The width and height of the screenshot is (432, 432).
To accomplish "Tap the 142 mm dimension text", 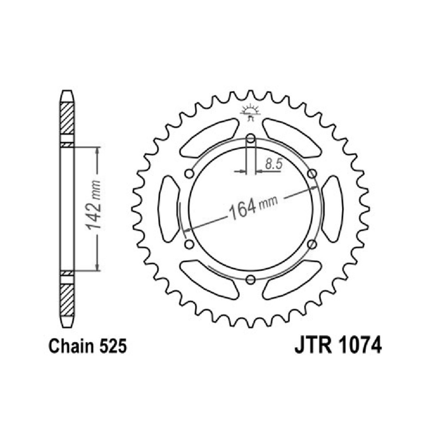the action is click(x=93, y=205).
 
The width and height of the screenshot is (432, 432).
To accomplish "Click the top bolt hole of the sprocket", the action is click(x=251, y=138).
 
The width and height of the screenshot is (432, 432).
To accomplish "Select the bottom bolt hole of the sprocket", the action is click(x=251, y=280).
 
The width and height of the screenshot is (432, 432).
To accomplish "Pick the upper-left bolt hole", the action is click(x=189, y=174).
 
